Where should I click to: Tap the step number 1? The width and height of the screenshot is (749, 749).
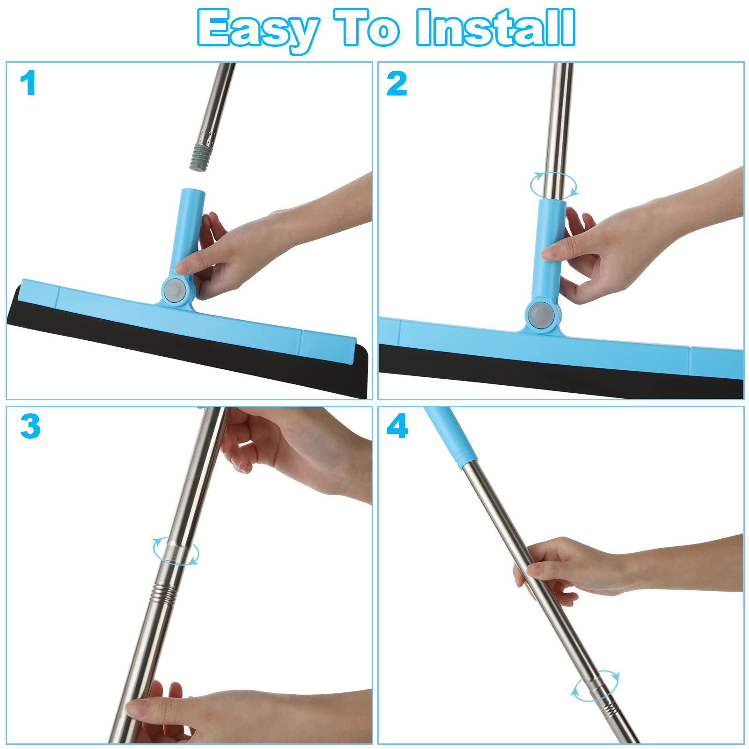28,84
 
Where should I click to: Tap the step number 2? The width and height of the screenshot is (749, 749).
397,84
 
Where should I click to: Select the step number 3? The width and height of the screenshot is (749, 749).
30,426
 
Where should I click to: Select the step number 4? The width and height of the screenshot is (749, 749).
397,426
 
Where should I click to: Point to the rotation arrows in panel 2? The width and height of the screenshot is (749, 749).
553,184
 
